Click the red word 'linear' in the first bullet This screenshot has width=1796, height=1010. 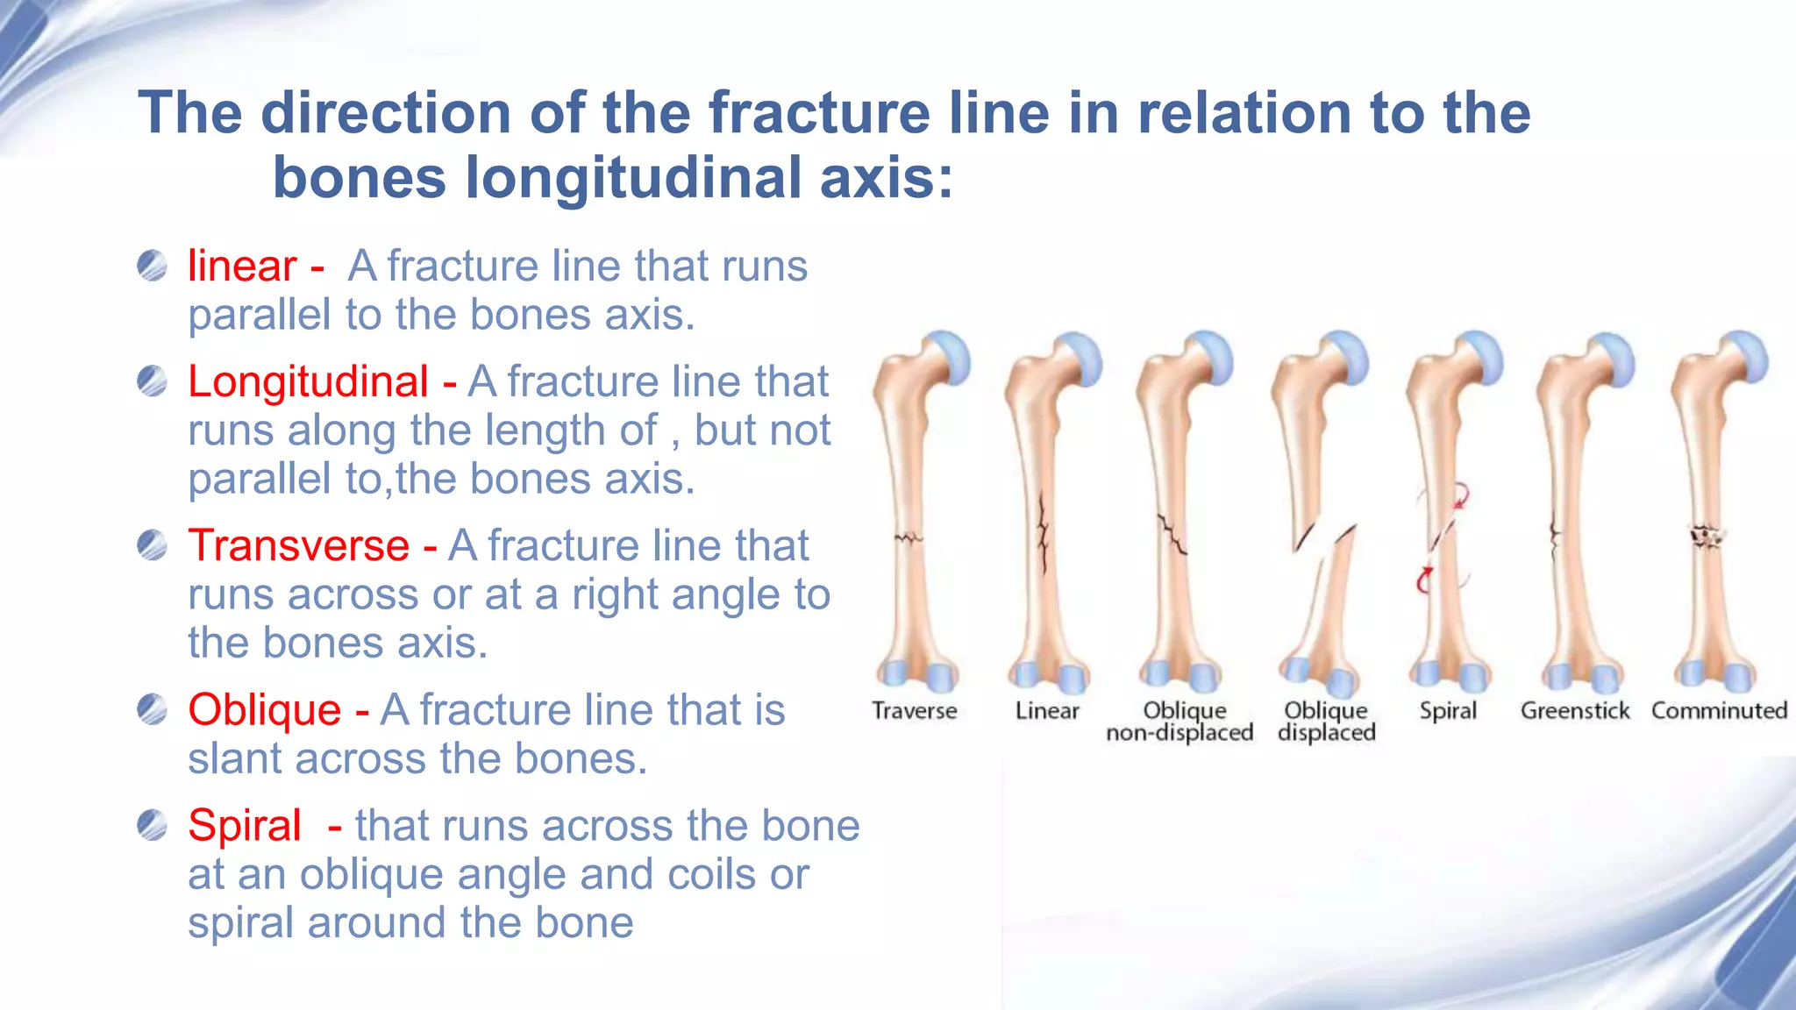(242, 266)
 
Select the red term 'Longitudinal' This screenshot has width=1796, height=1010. (308, 381)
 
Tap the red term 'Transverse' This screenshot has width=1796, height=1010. (299, 545)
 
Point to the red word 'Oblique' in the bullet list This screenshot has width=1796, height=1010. (264, 709)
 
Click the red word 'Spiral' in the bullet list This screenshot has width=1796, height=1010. (245, 825)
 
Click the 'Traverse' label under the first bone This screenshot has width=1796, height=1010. (914, 710)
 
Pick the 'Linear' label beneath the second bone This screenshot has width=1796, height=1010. (1047, 710)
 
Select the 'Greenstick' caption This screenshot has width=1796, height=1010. (1575, 710)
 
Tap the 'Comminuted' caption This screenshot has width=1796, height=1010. (1719, 710)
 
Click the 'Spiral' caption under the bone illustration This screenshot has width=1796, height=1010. (1448, 710)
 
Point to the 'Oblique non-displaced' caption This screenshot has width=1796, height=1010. (1180, 722)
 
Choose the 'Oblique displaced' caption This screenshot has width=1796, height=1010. (1326, 722)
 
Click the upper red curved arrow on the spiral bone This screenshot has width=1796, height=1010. (1460, 497)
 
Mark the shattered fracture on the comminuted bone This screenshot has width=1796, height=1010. (1706, 536)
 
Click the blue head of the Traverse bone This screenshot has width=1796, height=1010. (948, 357)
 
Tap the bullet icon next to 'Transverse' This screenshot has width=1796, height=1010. (152, 545)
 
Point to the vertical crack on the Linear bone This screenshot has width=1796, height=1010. (1044, 535)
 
